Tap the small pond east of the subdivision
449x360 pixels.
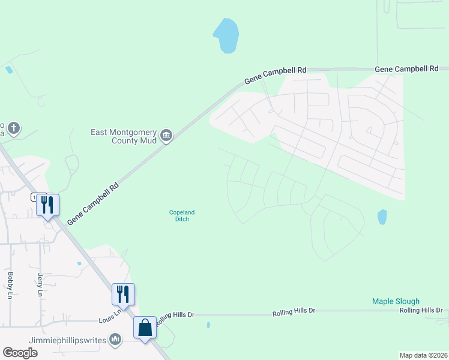coord(382,217)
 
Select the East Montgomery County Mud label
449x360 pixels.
coord(123,136)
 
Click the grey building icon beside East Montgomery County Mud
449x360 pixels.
coord(167,136)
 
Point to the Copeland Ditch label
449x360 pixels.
coord(182,215)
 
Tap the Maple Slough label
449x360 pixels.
coord(396,301)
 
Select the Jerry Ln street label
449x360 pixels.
coord(40,284)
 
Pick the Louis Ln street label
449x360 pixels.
coord(110,314)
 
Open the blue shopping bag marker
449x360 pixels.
coord(145,328)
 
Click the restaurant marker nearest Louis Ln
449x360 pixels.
coord(123,295)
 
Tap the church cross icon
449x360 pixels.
coord(14,128)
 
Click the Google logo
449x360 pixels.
coord(20,352)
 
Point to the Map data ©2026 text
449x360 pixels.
coord(423,355)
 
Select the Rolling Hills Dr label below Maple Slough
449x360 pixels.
coord(421,310)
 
